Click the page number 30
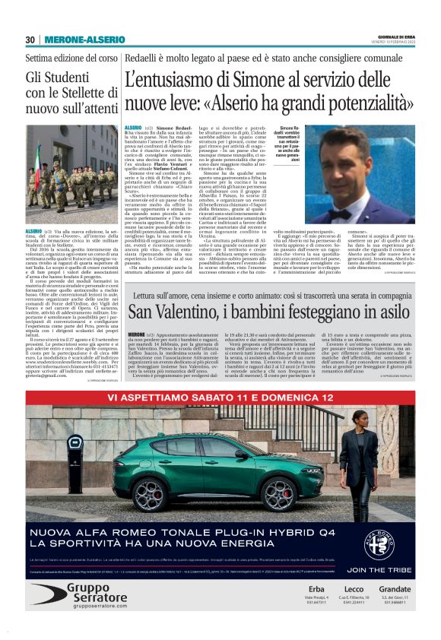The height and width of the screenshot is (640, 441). (x=30, y=40)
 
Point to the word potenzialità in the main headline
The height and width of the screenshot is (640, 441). (x=360, y=100)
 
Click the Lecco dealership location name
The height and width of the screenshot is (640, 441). (x=354, y=588)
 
